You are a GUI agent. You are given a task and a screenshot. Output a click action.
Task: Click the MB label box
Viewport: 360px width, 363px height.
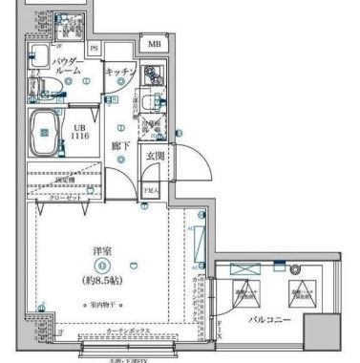coord(154,44)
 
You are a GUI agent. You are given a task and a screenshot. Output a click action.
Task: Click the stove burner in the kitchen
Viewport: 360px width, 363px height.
coord(151,75)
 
